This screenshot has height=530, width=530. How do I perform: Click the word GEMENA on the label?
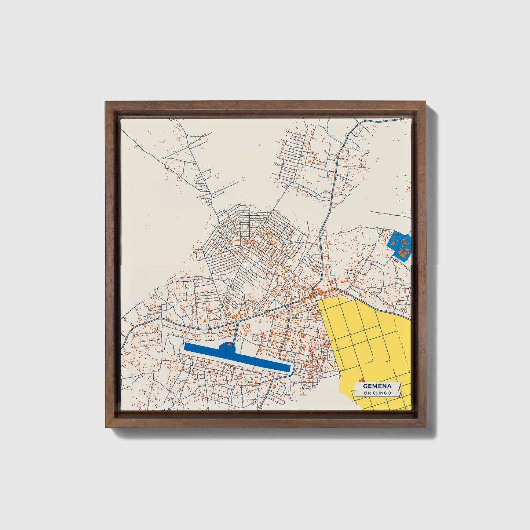(377, 386)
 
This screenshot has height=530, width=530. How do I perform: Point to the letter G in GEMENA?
(365, 386)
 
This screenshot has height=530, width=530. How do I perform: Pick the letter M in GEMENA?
(374, 386)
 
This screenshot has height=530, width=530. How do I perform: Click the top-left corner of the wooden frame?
(105, 102)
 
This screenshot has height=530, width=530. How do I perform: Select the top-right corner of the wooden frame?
(426, 102)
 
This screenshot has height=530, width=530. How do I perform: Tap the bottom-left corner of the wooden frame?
(105, 428)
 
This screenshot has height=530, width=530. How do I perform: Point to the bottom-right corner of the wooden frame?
(426, 428)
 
